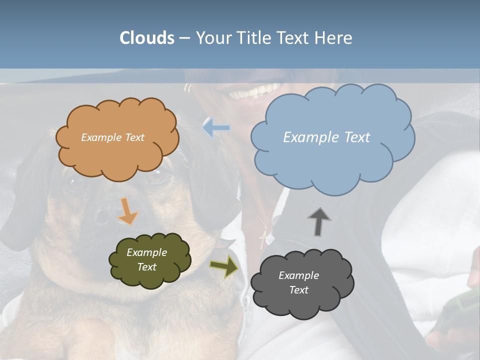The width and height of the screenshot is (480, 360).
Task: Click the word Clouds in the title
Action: click(147, 38)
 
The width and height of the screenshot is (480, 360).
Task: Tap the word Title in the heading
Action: click(253, 38)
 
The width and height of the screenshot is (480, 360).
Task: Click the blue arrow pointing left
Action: click(216, 128)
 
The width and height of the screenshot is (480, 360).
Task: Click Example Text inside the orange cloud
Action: click(112, 137)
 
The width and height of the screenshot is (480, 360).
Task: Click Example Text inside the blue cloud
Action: click(326, 137)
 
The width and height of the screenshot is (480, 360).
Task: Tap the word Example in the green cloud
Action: click(146, 252)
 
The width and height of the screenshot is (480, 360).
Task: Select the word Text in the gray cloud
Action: click(298, 290)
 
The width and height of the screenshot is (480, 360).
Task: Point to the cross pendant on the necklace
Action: click(263, 238)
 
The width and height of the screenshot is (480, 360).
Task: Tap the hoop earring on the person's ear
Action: click(187, 89)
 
